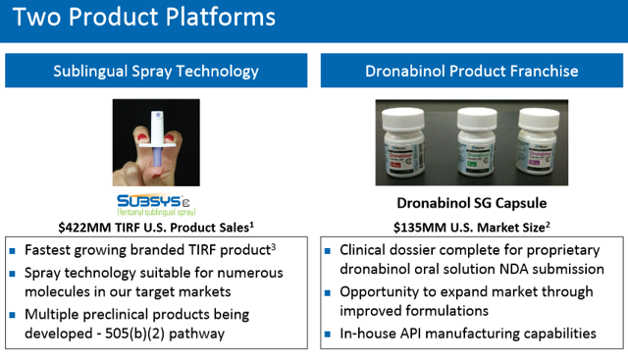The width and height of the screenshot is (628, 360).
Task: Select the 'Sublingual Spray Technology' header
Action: pyautogui.click(x=157, y=71)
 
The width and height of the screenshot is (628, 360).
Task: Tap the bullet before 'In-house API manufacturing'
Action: pyautogui.click(x=329, y=334)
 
